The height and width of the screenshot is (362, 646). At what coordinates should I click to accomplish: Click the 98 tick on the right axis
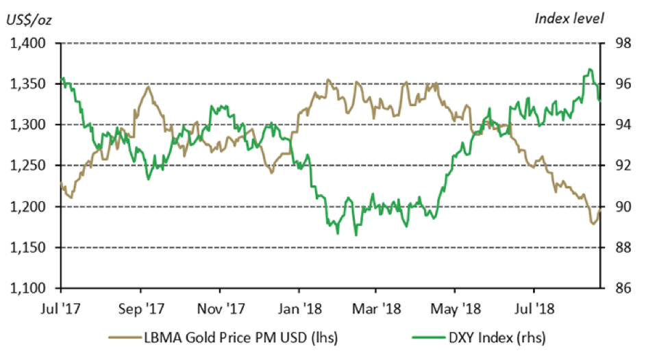pos(614,44)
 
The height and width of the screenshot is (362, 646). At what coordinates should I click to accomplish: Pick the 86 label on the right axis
pos(614,288)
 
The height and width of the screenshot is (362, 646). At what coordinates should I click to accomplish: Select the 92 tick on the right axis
pos(614,166)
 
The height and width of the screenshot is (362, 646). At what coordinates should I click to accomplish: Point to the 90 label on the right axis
pos(614,207)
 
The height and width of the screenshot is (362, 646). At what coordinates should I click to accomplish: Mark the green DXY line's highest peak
pos(589,69)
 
